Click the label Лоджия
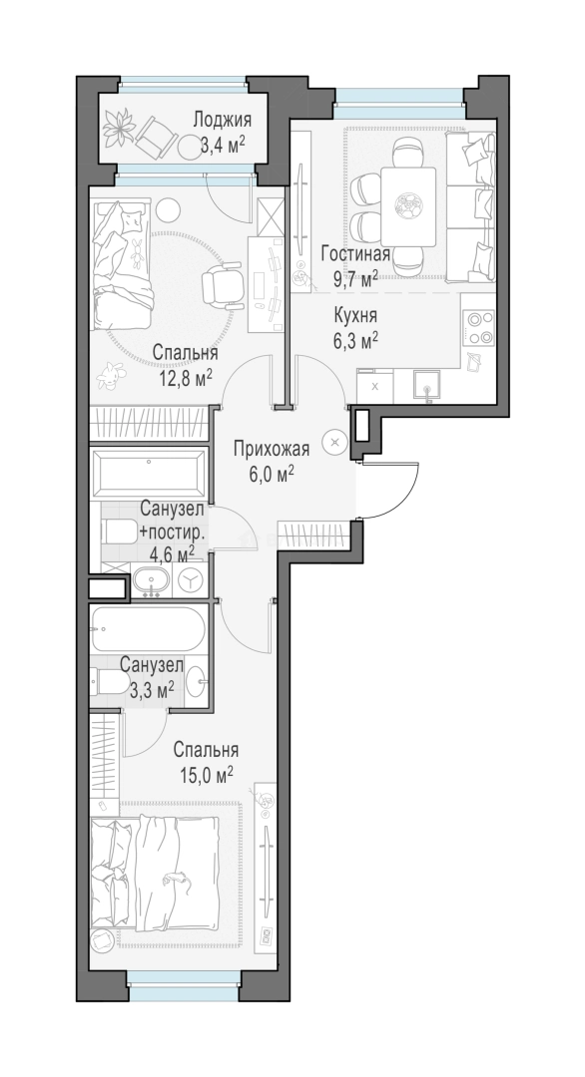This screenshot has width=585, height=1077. point(222,120)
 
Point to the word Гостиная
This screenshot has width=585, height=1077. point(355,253)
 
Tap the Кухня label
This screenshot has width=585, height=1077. point(354,316)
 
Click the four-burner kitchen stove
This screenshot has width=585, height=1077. point(478,327)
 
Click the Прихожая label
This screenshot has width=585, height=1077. point(272,449)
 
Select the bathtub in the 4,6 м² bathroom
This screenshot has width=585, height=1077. point(149,474)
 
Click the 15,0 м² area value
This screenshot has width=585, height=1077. point(207,776)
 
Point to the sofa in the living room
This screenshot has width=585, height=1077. point(470,206)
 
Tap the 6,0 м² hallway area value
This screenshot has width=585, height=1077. point(272,474)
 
